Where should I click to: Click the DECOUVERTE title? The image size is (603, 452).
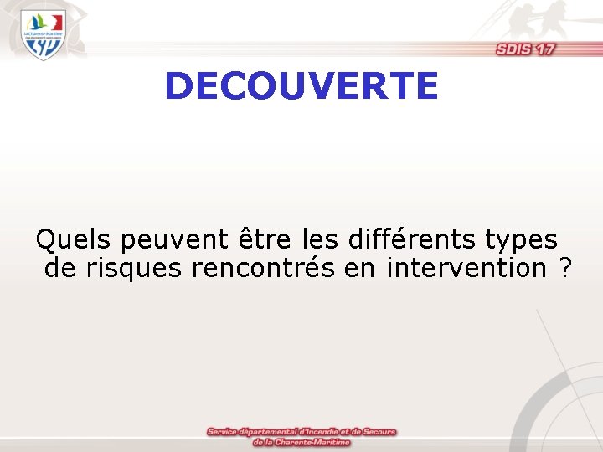tap(301, 86)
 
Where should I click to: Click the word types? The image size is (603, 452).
tap(521, 242)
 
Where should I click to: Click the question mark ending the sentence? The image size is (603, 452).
tap(566, 269)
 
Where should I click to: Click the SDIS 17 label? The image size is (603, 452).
tap(525, 49)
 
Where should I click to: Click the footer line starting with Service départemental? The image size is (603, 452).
tap(301, 432)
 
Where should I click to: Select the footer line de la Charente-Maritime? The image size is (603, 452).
tap(301, 442)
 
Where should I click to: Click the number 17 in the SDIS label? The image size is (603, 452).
tap(545, 49)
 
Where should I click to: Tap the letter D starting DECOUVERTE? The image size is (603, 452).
tap(178, 86)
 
